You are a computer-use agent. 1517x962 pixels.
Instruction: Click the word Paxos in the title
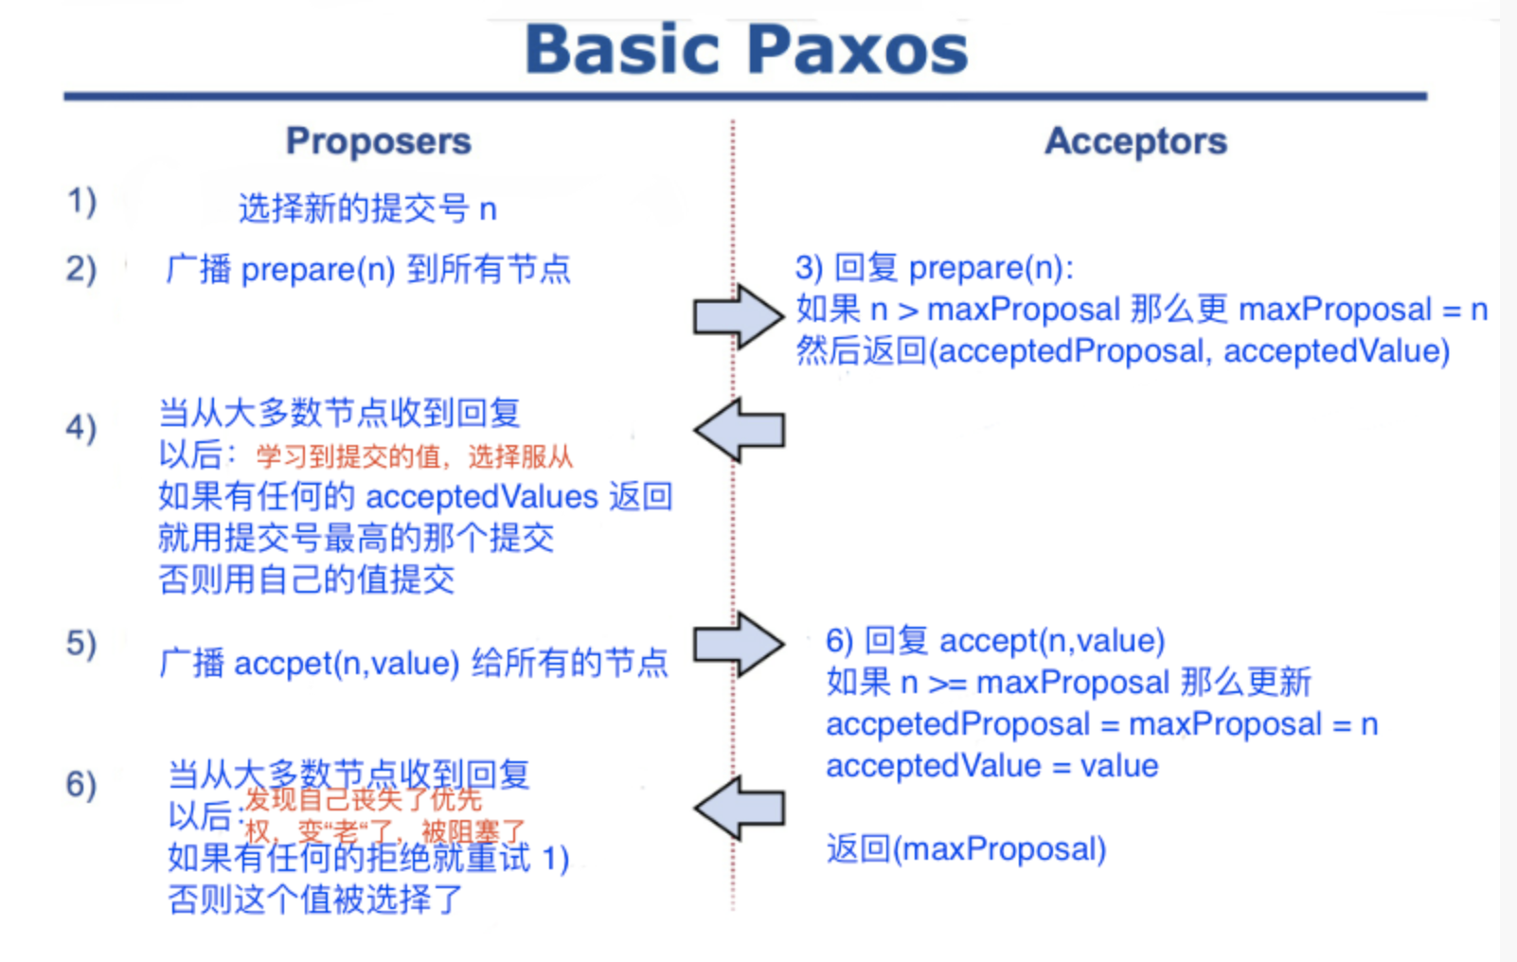(x=858, y=49)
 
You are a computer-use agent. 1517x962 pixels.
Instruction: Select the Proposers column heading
(x=379, y=141)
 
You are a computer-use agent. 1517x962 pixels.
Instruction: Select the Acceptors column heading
(x=1135, y=141)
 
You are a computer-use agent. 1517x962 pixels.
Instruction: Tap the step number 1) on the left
(x=81, y=201)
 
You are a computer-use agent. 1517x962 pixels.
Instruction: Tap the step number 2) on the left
(x=81, y=269)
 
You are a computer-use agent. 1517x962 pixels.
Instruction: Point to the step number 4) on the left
(x=81, y=428)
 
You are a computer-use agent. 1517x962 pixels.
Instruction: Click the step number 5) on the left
(x=81, y=644)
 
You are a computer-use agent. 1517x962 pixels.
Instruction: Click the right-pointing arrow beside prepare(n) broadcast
(x=738, y=316)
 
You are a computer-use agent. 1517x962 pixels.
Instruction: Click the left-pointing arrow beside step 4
(x=740, y=430)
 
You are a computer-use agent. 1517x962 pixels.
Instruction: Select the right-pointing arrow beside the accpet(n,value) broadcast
(x=738, y=644)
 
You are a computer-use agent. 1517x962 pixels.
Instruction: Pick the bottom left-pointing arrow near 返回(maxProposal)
(x=740, y=809)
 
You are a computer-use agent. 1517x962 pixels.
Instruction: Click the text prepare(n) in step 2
(x=318, y=270)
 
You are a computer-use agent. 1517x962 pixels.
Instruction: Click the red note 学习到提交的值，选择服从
(x=414, y=457)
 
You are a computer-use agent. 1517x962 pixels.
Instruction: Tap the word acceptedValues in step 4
(x=482, y=496)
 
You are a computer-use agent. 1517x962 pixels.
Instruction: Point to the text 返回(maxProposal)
(x=966, y=848)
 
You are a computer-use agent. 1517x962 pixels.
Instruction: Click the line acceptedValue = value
(x=991, y=765)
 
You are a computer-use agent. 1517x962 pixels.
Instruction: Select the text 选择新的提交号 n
(x=367, y=208)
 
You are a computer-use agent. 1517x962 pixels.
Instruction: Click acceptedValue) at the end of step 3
(x=1336, y=351)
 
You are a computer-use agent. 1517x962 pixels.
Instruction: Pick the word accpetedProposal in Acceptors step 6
(x=957, y=724)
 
